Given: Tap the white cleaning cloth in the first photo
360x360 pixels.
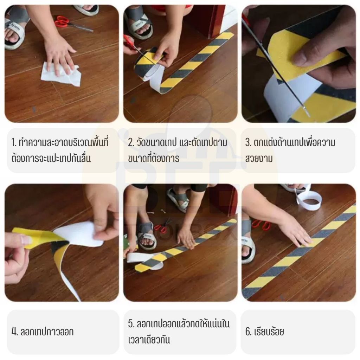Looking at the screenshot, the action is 61,74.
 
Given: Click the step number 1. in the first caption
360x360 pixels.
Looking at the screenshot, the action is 14,143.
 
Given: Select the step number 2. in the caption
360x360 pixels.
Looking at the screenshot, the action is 131,143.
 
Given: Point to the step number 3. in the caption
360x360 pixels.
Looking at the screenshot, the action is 248,143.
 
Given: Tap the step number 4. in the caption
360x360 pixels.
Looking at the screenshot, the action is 14,332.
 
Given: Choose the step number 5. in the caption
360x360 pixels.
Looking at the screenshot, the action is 131,324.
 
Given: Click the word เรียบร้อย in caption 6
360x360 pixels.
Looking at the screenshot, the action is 269,332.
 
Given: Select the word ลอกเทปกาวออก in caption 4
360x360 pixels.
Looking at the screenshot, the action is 47,332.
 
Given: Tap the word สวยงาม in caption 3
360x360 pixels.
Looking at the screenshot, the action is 259,159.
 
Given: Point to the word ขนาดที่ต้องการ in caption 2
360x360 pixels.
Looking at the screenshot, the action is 153,158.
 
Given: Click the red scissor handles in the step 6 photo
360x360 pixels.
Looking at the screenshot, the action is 262,225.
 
